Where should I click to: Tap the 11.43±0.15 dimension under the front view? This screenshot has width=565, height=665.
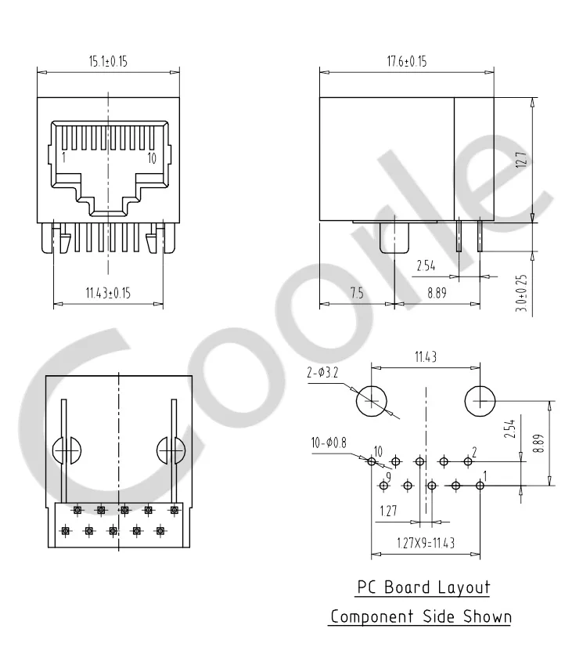coord(108,293)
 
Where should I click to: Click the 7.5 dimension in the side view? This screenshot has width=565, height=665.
coord(357,293)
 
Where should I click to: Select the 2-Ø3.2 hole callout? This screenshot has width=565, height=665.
coord(324,374)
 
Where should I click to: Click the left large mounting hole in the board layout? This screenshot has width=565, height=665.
coord(372,402)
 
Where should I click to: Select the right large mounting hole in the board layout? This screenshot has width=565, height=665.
coord(480,402)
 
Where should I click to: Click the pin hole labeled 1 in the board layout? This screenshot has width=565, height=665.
coord(480,486)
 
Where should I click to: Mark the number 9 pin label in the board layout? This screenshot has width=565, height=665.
coord(387,476)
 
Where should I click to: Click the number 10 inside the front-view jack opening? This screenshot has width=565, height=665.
coord(151,157)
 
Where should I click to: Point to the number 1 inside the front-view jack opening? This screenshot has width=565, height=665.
coord(63,157)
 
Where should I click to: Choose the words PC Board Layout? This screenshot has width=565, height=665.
coord(423,587)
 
